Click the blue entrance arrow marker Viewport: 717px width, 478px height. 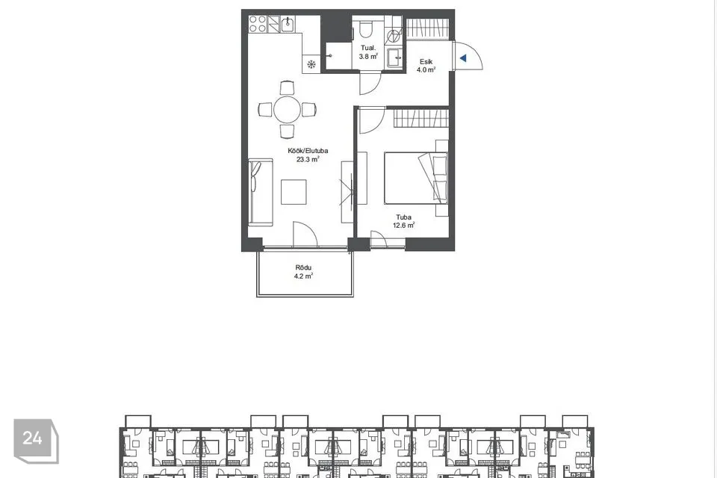463,58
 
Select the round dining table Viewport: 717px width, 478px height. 287,110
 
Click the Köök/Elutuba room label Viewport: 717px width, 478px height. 308,150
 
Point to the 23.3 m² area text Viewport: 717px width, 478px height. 308,159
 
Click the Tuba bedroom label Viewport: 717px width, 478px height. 404,217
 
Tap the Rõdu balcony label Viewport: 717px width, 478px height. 303,267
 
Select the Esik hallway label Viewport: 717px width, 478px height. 426,61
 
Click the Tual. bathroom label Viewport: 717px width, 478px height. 368,48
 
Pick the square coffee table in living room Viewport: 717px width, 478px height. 294,192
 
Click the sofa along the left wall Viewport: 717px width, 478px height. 261,192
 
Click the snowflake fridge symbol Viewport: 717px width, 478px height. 311,64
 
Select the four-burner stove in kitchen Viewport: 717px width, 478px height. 258,24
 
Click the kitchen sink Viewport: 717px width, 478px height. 288,24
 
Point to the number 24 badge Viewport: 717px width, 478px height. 32,438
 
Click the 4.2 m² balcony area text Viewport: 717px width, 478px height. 303,276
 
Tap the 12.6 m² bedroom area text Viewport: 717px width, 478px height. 404,225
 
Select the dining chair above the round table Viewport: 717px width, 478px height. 287,88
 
